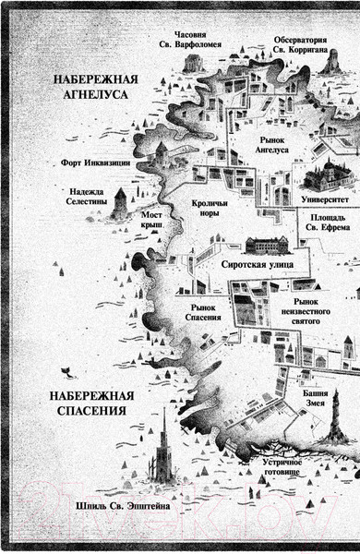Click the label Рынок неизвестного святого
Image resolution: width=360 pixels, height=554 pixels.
(x=318, y=308)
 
